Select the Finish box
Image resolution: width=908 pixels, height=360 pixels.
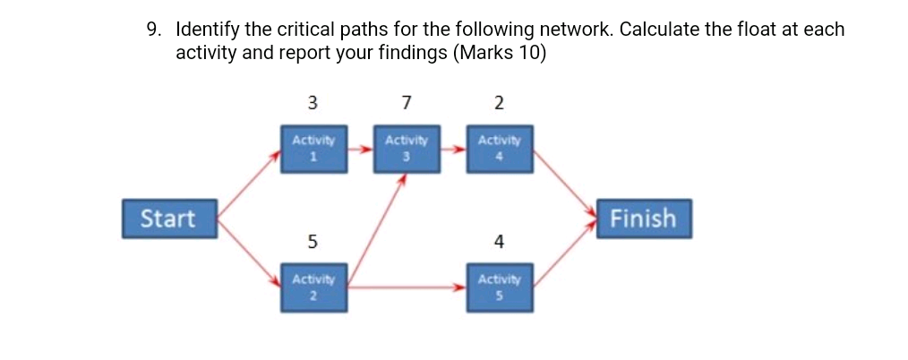pos(644,219)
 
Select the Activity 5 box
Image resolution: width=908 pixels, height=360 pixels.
pos(499,287)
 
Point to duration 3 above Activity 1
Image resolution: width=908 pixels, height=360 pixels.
pos(313,102)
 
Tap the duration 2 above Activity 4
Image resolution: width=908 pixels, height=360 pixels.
pos(499,102)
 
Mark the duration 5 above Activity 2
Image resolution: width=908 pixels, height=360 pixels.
pos(313,241)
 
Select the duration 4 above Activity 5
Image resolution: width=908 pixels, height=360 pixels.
pos(499,241)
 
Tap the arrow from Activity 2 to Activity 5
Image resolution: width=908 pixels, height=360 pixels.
pos(407,287)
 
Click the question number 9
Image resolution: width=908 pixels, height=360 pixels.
pos(154,30)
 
